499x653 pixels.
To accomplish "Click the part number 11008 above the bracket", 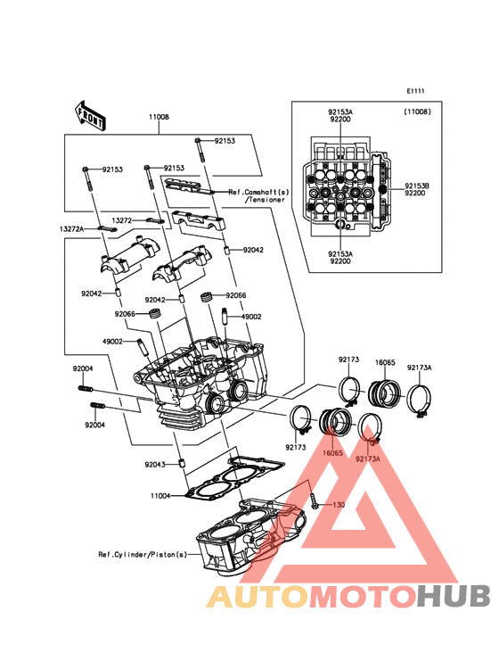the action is pyautogui.click(x=160, y=117).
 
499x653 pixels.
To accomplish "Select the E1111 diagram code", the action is pyautogui.click(x=415, y=91).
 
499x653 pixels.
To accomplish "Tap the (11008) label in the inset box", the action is pyautogui.click(x=417, y=112).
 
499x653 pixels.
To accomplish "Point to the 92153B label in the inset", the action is pyautogui.click(x=418, y=186).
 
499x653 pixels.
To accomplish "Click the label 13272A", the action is pyautogui.click(x=71, y=229).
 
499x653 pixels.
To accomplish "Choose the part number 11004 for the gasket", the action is pyautogui.click(x=160, y=496).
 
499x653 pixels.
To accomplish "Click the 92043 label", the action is pyautogui.click(x=155, y=465).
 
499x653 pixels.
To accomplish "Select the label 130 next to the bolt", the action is pyautogui.click(x=339, y=505).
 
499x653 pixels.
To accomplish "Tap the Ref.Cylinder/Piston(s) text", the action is pyautogui.click(x=143, y=555).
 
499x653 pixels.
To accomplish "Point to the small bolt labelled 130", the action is pyautogui.click(x=314, y=500).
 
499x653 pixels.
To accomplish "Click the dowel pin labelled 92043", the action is pyautogui.click(x=181, y=463).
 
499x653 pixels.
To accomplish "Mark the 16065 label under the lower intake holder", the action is pyautogui.click(x=332, y=453).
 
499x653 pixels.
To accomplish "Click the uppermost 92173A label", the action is pyautogui.click(x=419, y=368).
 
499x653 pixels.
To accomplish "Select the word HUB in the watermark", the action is pyautogui.click(x=454, y=596).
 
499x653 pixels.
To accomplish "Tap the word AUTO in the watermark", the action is pyautogui.click(x=258, y=596).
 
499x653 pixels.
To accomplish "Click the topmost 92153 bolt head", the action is pyautogui.click(x=198, y=140).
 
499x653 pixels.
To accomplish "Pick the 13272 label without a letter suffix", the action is pyautogui.click(x=122, y=220).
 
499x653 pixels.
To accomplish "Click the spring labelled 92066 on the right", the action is pyautogui.click(x=207, y=298).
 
